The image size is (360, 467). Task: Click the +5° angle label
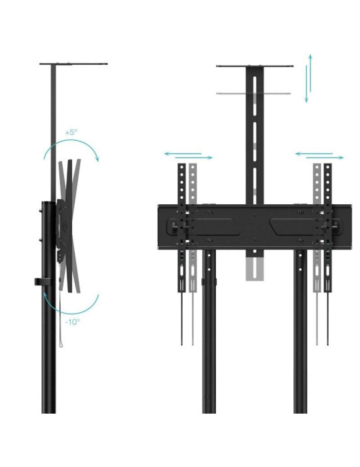point(71,132)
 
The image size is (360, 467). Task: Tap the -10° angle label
point(73,322)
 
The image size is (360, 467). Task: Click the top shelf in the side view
point(73,64)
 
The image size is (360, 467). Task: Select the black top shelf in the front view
point(255,66)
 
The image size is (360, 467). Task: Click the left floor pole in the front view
point(209,334)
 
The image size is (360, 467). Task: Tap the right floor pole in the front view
point(300,334)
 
